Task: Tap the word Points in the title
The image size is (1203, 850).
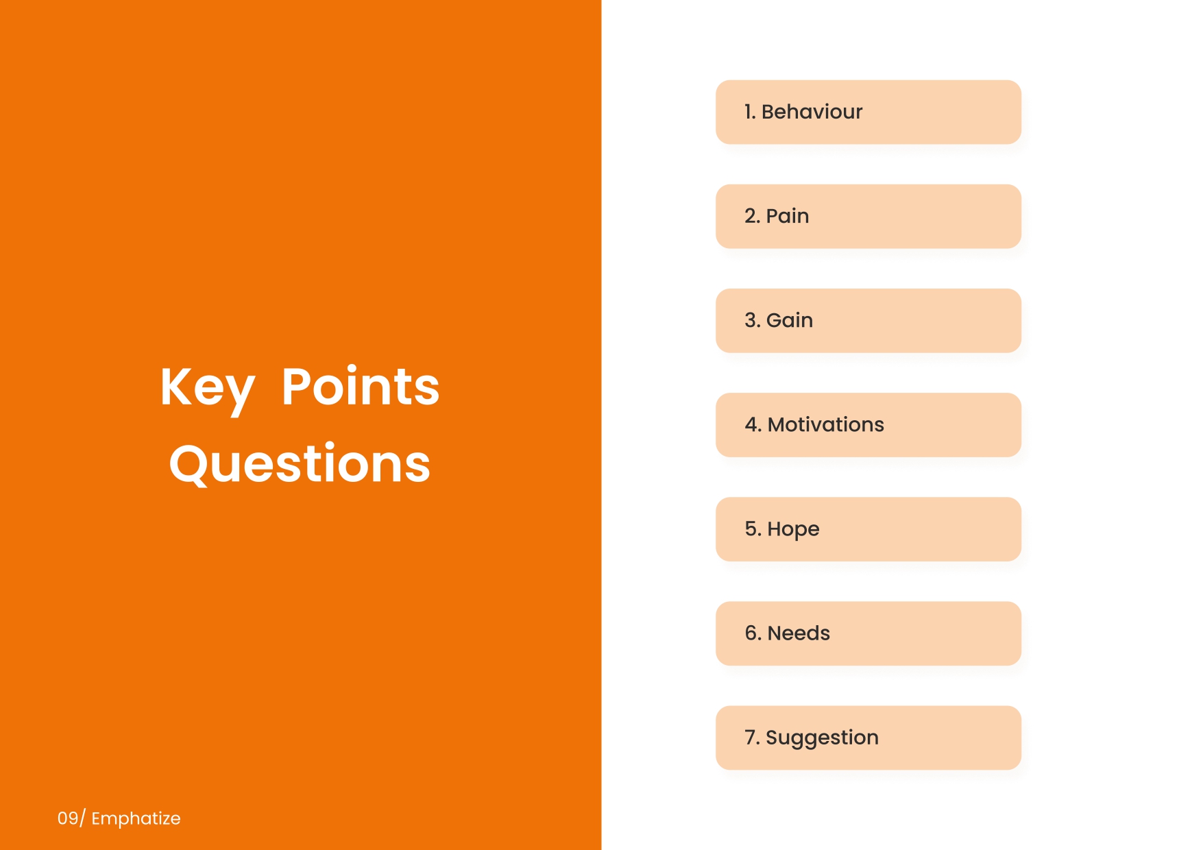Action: pos(361,387)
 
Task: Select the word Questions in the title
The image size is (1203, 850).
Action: pos(300,464)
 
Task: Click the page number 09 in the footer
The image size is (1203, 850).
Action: pos(67,818)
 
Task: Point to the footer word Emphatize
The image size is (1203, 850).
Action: pos(136,818)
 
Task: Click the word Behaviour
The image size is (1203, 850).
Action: pos(812,112)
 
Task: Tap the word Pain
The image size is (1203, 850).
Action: pos(788,216)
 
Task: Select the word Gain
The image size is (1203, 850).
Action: pos(790,320)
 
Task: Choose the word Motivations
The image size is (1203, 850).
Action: pos(826,424)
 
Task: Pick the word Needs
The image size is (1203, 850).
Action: pos(799,633)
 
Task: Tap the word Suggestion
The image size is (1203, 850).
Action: pos(822,738)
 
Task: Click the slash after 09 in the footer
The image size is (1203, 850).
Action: pos(82,818)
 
